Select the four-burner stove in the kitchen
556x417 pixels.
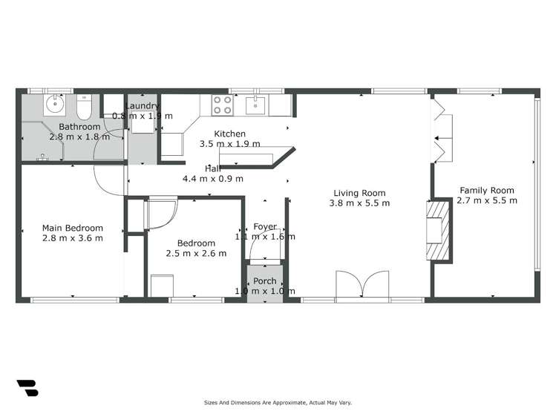(222, 105)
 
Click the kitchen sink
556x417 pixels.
(256, 105)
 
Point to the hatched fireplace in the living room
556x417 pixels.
(438, 230)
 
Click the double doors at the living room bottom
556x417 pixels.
(362, 283)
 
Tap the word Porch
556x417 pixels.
(265, 281)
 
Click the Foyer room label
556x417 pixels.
(265, 226)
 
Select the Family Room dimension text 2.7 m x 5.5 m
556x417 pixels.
(487, 200)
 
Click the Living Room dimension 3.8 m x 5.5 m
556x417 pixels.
(360, 203)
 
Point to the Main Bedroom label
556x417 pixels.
(72, 228)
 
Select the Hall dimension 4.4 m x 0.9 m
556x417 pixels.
(213, 178)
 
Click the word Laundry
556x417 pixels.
(143, 106)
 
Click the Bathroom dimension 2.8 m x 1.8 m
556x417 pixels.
(79, 137)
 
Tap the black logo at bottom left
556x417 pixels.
(27, 387)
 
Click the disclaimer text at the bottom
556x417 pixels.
(278, 402)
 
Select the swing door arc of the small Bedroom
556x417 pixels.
(161, 214)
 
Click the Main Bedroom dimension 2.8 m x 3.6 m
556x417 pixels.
(72, 238)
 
